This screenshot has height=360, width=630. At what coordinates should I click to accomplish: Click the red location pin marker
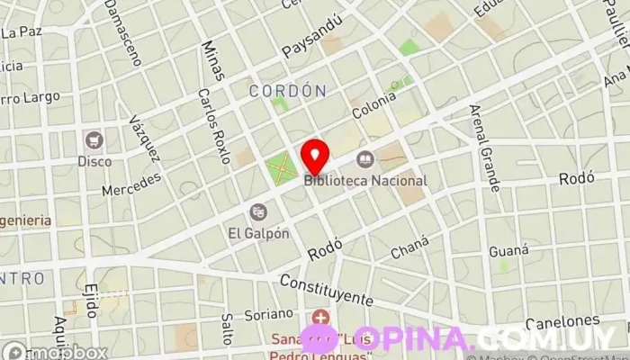(314, 156)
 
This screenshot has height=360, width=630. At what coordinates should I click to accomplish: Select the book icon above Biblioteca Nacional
(364, 160)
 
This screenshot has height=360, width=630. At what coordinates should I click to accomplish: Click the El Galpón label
(258, 232)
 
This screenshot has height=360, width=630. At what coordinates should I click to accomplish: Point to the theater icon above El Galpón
(259, 211)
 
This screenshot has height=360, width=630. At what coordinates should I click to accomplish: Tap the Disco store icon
(94, 140)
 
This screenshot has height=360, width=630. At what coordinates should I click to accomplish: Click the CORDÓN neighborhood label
(286, 91)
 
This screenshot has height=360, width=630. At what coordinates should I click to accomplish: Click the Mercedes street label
(130, 184)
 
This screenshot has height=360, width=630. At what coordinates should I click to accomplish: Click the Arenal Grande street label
(483, 148)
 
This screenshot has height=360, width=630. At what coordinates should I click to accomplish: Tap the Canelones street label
(562, 321)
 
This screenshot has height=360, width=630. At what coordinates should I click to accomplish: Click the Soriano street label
(269, 314)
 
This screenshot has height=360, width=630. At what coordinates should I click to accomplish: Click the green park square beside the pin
(281, 167)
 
